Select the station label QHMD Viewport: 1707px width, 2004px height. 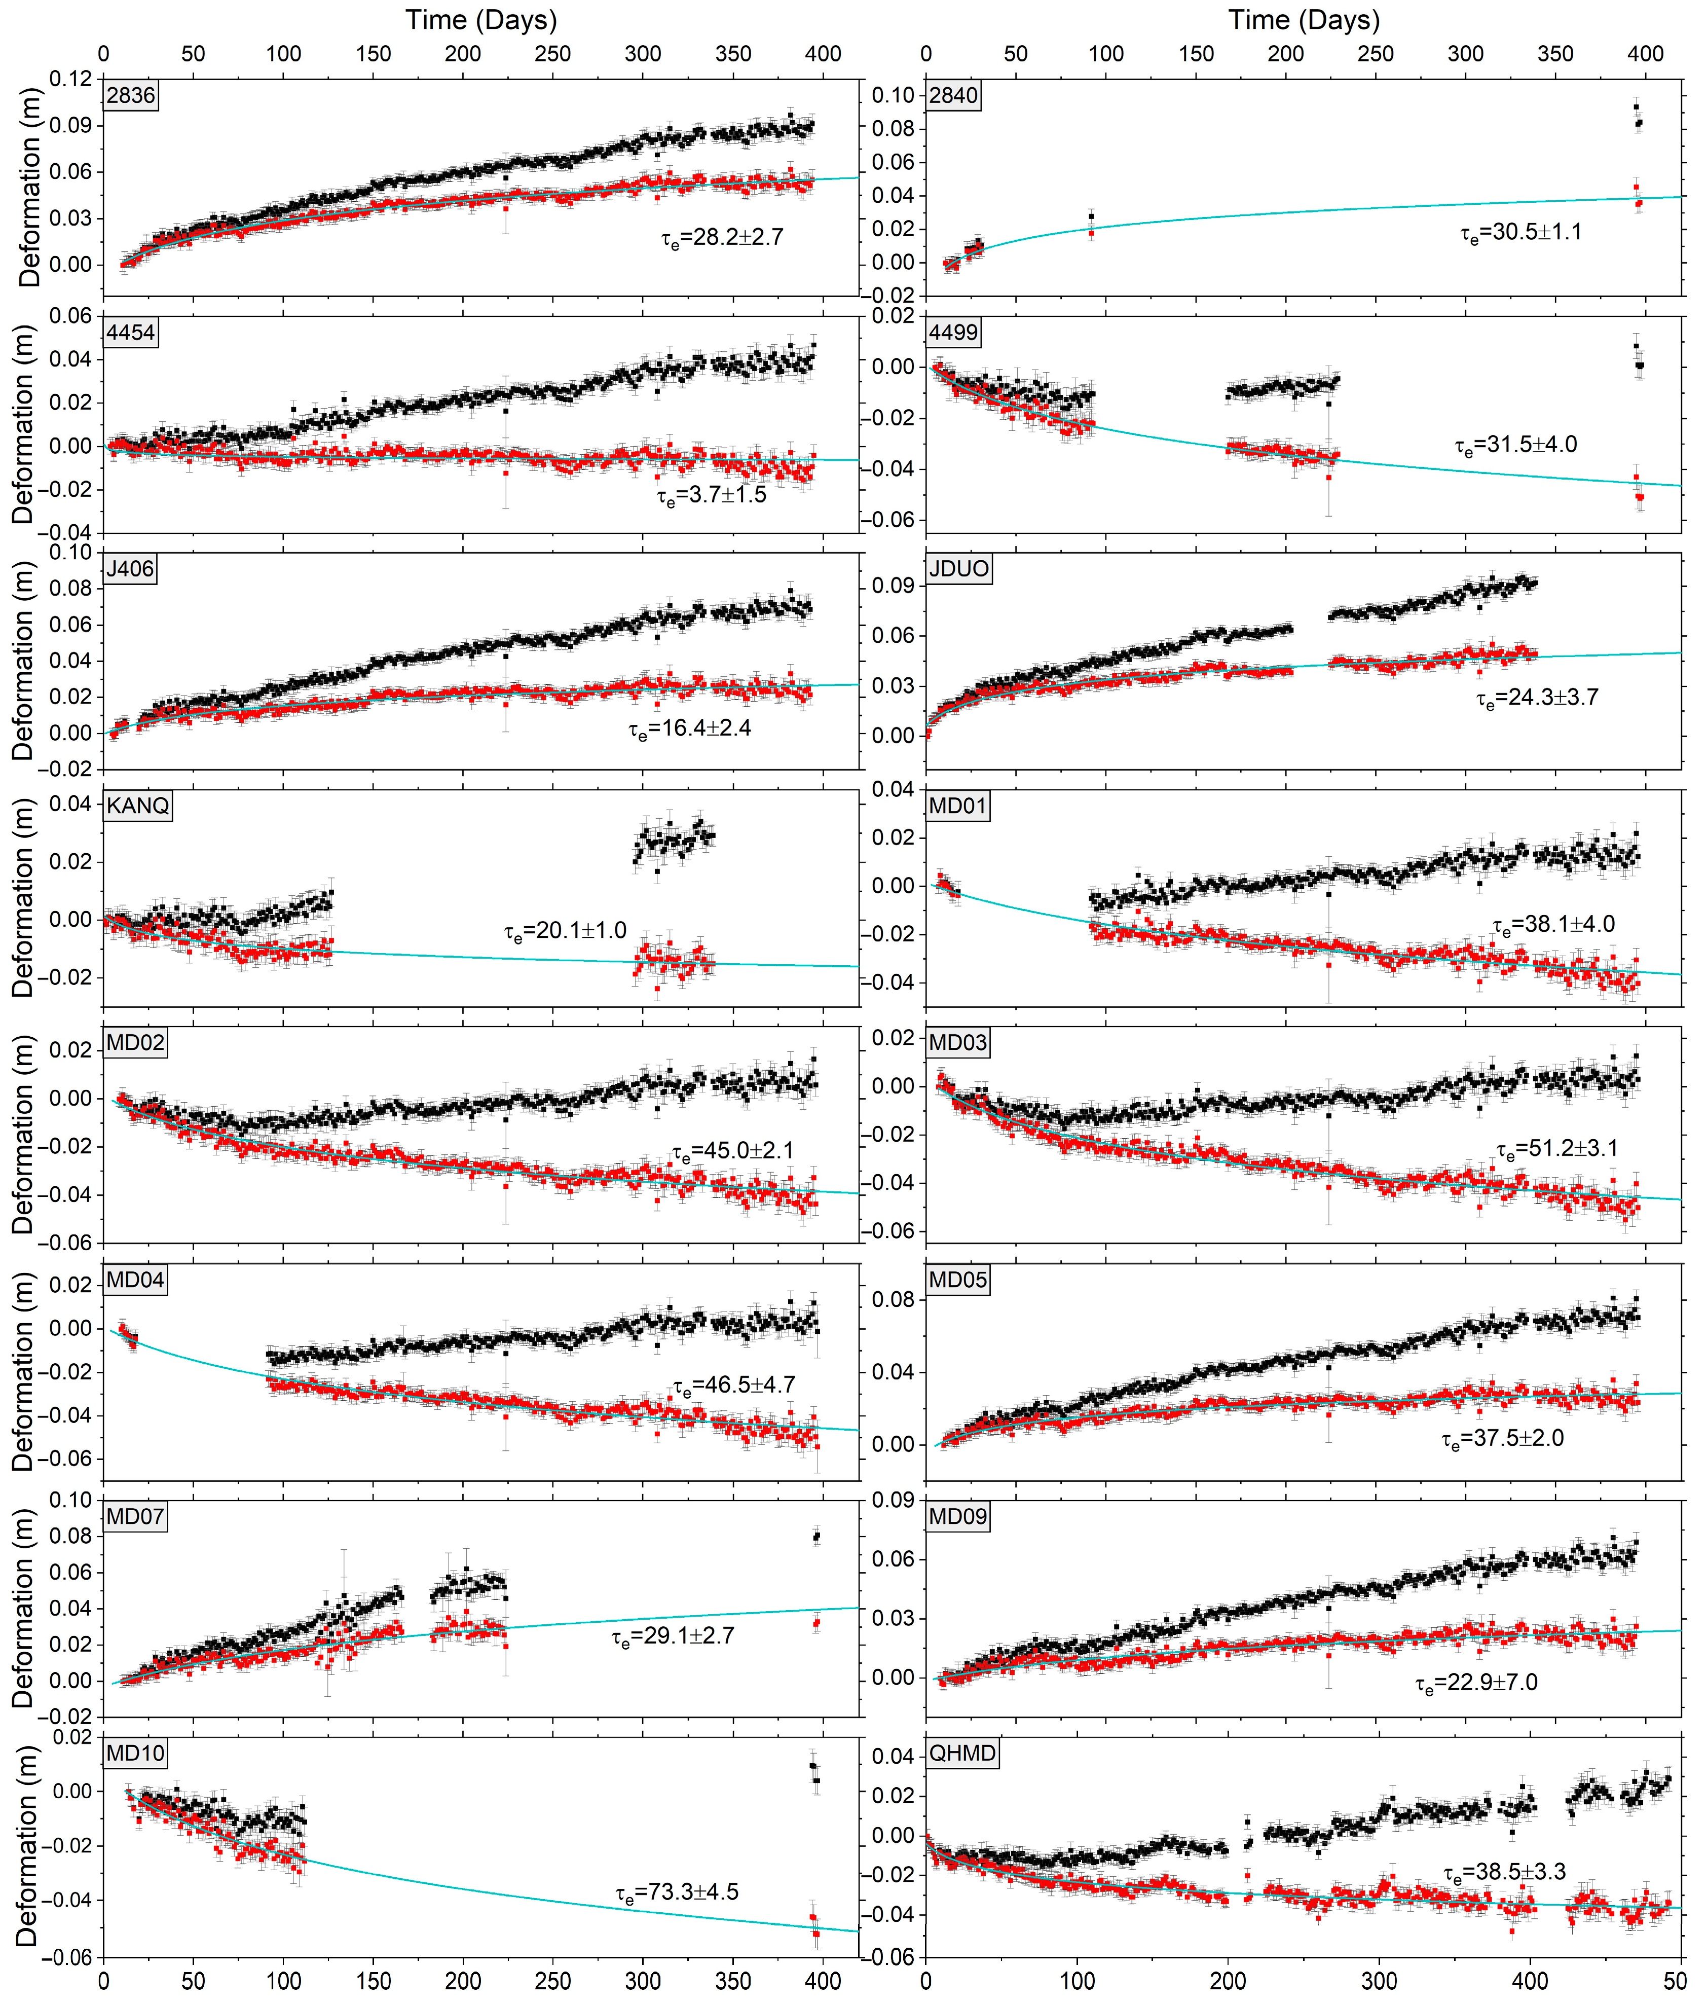pos(962,1754)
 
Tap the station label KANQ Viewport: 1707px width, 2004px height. pos(138,806)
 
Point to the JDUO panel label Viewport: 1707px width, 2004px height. pos(958,569)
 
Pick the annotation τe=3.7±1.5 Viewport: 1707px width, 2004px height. pos(712,495)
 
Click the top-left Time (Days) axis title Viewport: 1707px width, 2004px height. pos(480,19)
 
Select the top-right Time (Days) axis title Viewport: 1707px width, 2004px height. pos(1304,19)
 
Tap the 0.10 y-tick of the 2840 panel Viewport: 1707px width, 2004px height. pos(893,95)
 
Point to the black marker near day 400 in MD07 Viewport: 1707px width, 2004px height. pos(817,1536)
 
